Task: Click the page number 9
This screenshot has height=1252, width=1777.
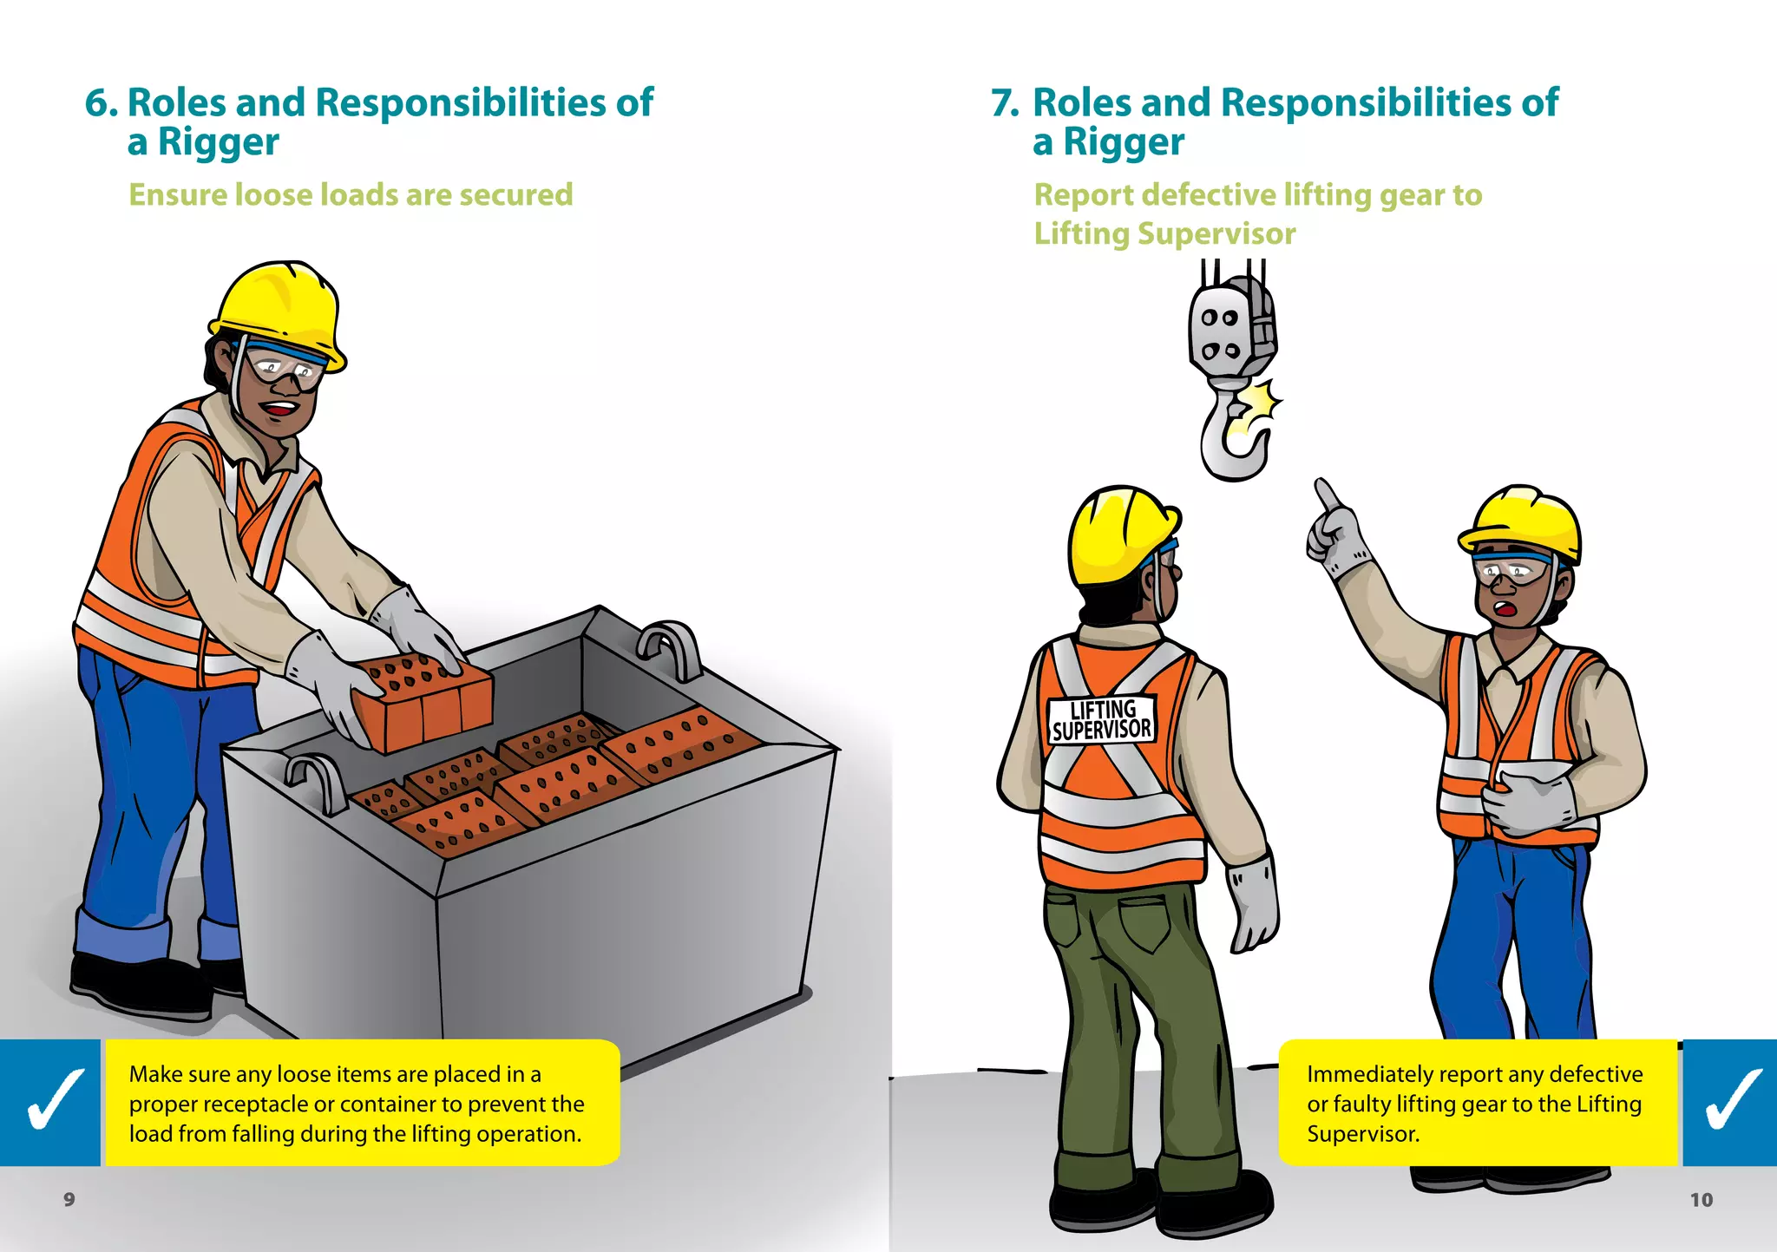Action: pyautogui.click(x=69, y=1199)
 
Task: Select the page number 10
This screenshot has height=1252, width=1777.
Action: pyautogui.click(x=1701, y=1200)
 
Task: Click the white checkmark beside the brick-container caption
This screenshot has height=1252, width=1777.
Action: pyautogui.click(x=56, y=1100)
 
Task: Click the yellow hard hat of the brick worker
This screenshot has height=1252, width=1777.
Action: pyautogui.click(x=278, y=312)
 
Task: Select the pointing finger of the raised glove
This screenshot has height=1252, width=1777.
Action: pyautogui.click(x=1327, y=496)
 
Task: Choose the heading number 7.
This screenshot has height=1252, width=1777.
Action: pyautogui.click(x=1005, y=102)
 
